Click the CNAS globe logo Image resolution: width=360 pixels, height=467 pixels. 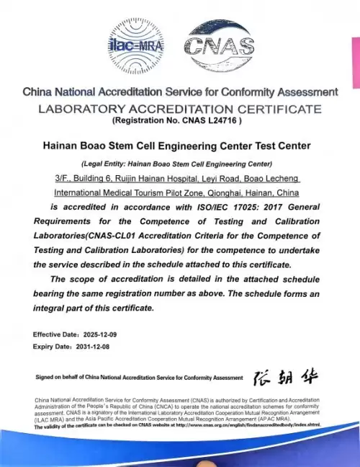pos(220,47)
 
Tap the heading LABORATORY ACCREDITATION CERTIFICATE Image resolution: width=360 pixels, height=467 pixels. pos(179,109)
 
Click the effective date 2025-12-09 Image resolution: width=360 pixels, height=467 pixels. pos(101,335)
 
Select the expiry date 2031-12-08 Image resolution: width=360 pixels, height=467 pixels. pos(94,347)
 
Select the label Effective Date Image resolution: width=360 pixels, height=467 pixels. pos(55,335)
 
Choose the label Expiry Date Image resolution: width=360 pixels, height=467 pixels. pos(52,347)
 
